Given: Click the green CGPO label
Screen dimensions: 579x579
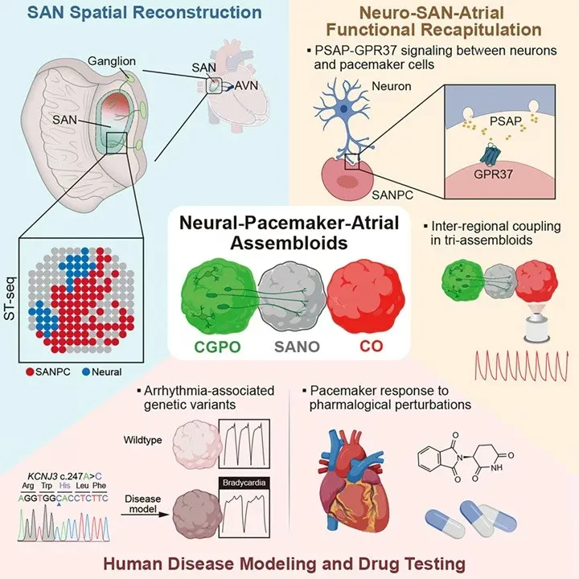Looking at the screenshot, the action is coord(217,347).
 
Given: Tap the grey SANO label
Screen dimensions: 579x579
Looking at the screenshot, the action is coord(297,347).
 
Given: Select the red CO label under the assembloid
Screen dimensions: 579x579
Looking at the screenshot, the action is coord(371,346).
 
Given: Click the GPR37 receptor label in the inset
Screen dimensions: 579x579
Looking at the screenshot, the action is coord(493,174).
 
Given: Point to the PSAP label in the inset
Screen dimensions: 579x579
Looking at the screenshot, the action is coord(506,121).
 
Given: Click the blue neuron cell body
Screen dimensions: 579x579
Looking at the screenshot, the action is coord(343,109).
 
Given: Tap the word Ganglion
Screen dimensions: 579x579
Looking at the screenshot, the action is coord(112,61).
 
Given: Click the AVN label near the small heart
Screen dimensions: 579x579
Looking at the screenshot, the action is coord(246,86).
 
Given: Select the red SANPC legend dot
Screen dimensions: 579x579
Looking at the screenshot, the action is coord(31,372).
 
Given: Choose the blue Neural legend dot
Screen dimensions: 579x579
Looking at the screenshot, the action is coord(86,372).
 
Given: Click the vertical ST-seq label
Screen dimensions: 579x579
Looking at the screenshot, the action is coord(10,298).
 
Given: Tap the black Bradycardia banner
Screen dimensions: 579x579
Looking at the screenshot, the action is coord(244,483).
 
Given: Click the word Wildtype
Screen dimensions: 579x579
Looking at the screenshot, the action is coord(143,440).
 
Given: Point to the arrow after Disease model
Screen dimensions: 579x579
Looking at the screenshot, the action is coord(145,514).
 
